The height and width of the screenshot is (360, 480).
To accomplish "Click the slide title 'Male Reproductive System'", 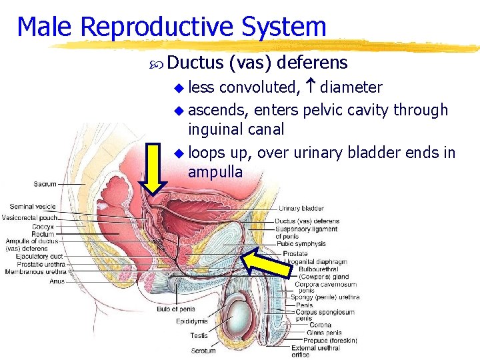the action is coord(171,27).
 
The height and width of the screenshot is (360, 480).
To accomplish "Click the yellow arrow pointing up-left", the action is coord(266,261).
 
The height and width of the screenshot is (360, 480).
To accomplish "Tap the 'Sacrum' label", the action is coord(45,184).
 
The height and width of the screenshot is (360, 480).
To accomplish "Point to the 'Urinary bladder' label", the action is coord(301,209).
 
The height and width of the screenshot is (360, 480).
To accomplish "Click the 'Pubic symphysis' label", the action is coord(302,244).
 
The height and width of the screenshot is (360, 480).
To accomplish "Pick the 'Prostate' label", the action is coord(295,253).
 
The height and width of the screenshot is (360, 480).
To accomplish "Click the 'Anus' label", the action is coord(57,281).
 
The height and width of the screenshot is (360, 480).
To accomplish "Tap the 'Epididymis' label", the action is coord(192,321).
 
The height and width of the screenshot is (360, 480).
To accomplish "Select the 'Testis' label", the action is coord(199,336).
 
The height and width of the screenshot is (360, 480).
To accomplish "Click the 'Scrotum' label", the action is coord(203,350).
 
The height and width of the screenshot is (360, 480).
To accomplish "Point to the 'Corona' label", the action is coord(321,325).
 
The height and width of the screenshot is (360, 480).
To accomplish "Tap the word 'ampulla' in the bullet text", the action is coord(215,172).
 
